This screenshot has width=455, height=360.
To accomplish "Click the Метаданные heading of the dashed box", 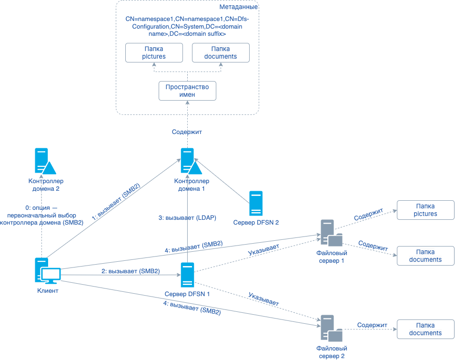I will (x=238, y=7).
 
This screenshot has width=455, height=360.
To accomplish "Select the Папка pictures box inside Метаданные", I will (x=153, y=52).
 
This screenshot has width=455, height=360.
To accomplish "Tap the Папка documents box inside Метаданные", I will (x=220, y=52).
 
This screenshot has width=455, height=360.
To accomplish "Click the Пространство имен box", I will (x=187, y=91).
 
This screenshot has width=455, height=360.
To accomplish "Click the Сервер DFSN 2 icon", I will (x=256, y=204).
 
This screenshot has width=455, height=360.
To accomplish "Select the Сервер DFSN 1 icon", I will (x=187, y=275).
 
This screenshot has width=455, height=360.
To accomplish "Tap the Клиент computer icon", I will (x=47, y=271).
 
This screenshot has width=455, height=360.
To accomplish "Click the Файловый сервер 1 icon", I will (x=330, y=233).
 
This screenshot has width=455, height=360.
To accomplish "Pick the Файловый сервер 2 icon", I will (x=330, y=329).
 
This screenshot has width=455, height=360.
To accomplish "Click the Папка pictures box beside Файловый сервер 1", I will (x=425, y=210).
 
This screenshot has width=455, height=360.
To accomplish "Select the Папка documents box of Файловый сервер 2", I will (x=425, y=329).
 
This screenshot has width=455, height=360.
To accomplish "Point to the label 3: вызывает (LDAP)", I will (x=187, y=217).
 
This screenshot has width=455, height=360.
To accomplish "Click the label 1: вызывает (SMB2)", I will (x=116, y=202).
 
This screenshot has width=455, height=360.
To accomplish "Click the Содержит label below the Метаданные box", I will (x=187, y=132).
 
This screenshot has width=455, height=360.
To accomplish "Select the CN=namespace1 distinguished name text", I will (x=187, y=26).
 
